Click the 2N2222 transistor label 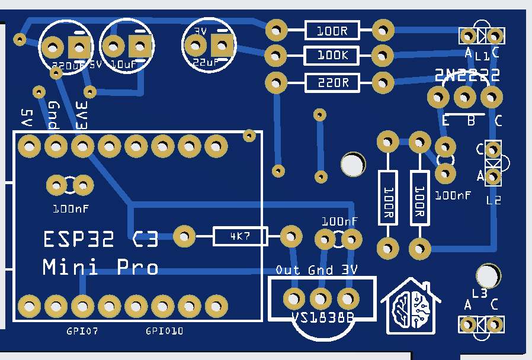467,75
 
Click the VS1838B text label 323,318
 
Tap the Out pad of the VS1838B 294,297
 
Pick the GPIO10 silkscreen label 164,331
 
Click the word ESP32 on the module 83,240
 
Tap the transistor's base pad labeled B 465,96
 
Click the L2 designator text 493,200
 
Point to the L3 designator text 479,293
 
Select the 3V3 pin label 82,115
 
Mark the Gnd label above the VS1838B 320,270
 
